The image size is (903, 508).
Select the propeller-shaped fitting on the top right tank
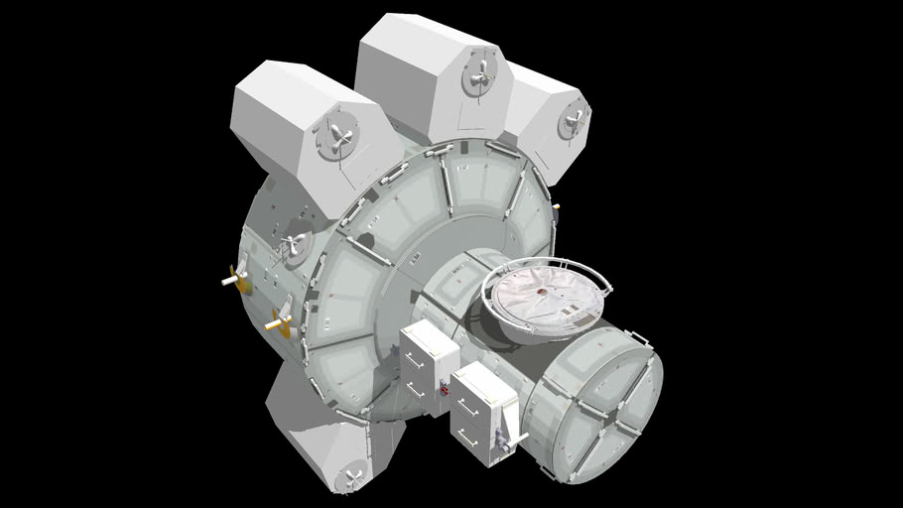pyautogui.click(x=573, y=122)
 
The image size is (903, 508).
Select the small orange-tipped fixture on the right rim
pyautogui.click(x=557, y=207)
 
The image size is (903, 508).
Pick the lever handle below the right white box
pyautogui.click(x=512, y=437)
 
